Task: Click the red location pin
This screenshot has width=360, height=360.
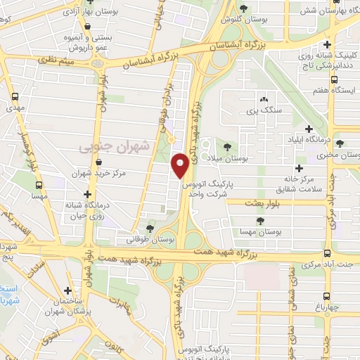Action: (181, 165)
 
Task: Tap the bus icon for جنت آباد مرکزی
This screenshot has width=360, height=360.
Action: (326, 253)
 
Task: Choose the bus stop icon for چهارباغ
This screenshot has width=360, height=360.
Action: (327, 296)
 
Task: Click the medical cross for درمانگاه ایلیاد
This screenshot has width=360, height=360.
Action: (309, 129)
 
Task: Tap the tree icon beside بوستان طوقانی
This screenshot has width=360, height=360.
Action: (150, 228)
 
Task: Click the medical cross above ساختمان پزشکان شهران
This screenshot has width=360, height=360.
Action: (67, 290)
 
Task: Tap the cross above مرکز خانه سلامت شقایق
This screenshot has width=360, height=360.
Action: (300, 168)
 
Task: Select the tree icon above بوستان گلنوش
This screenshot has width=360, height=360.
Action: (243, 8)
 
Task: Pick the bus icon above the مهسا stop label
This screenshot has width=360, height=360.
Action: (39, 185)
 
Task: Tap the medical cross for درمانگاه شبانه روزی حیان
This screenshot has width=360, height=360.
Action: (87, 194)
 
